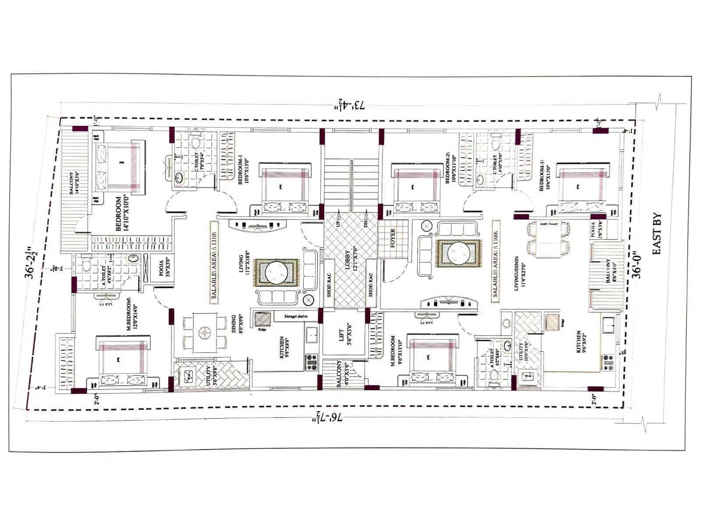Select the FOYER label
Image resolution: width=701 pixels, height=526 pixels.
[x=393, y=238]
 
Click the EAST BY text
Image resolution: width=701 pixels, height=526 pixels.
[x=657, y=234]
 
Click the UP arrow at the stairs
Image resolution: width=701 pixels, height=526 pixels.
[x=339, y=218]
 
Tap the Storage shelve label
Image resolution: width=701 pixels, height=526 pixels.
[x=296, y=316]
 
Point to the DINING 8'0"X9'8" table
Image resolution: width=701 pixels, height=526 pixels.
[x=204, y=333]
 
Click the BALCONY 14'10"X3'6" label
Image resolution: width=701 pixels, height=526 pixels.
[x=74, y=177]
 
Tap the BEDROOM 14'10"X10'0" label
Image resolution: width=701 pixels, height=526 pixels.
[x=121, y=213]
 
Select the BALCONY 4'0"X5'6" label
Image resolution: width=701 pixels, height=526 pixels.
[x=342, y=374]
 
